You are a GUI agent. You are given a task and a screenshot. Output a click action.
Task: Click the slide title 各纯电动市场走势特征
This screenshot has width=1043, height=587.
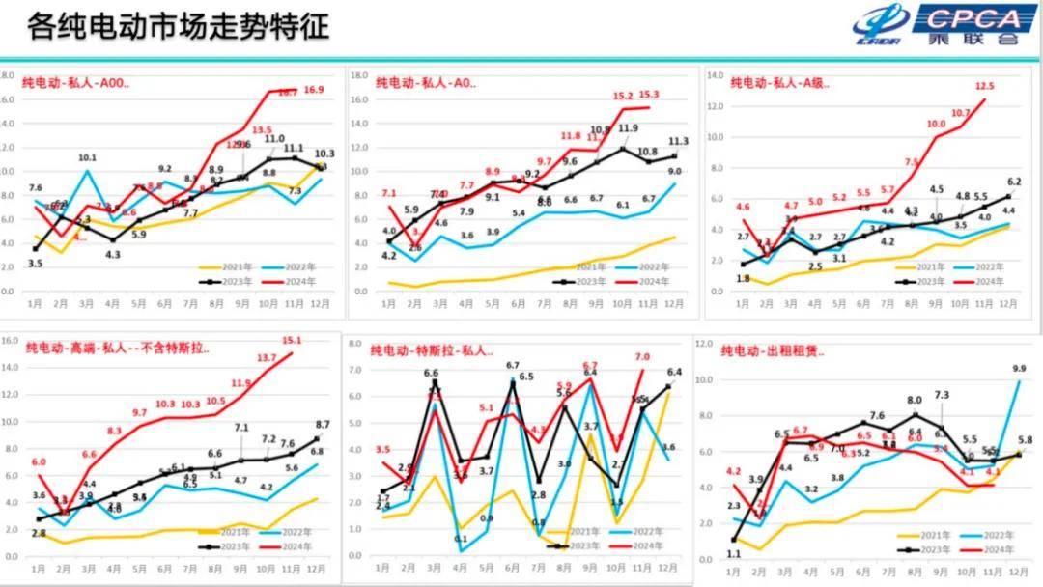pyautogui.click(x=179, y=26)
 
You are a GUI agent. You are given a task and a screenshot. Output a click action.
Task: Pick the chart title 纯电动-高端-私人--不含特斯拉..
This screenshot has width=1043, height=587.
pyautogui.click(x=117, y=347)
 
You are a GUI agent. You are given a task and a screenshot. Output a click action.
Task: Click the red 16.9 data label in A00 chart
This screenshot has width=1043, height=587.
pyautogui.click(x=314, y=90)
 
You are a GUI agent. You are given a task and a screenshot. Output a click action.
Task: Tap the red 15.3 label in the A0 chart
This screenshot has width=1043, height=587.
pyautogui.click(x=649, y=95)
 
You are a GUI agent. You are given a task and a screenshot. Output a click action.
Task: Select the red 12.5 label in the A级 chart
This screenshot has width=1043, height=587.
pyautogui.click(x=985, y=87)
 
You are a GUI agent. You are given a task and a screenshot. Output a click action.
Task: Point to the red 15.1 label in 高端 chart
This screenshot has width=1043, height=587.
pyautogui.click(x=292, y=340)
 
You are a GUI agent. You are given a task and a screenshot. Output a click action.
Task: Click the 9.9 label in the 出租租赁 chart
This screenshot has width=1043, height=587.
pyautogui.click(x=1020, y=368)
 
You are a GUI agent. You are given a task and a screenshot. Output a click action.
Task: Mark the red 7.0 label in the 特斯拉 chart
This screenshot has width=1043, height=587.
pyautogui.click(x=642, y=357)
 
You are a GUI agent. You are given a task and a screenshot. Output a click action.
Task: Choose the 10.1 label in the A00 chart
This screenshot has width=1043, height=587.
pyautogui.click(x=87, y=157)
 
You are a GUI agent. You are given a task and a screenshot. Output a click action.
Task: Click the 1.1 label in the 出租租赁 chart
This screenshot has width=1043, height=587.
pyautogui.click(x=733, y=554)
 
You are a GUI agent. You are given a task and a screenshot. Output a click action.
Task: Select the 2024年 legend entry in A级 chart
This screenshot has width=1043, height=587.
pyautogui.click(x=986, y=281)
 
